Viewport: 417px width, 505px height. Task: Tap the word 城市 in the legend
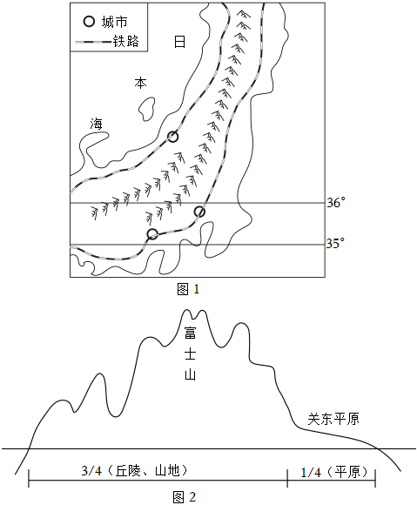pyautogui.click(x=115, y=22)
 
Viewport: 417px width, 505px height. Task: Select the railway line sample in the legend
pyautogui.click(x=93, y=42)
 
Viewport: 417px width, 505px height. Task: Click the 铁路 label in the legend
pyautogui.click(x=125, y=42)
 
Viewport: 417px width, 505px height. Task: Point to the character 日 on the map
pyautogui.click(x=179, y=42)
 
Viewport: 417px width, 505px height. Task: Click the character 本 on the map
pyautogui.click(x=141, y=83)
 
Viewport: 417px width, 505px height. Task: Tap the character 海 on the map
pyautogui.click(x=97, y=124)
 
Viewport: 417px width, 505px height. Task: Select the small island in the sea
pyautogui.click(x=146, y=109)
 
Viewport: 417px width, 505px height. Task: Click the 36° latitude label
pyautogui.click(x=336, y=203)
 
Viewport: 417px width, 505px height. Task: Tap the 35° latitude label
pyautogui.click(x=335, y=244)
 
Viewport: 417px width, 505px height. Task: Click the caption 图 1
pyautogui.click(x=188, y=289)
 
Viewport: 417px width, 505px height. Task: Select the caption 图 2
pyautogui.click(x=185, y=497)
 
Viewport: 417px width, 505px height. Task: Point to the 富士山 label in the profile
pyautogui.click(x=190, y=353)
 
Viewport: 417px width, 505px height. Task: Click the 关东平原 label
pyautogui.click(x=333, y=419)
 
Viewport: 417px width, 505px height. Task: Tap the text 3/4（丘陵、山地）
pyautogui.click(x=134, y=471)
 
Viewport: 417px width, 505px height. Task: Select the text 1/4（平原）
pyautogui.click(x=334, y=472)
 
